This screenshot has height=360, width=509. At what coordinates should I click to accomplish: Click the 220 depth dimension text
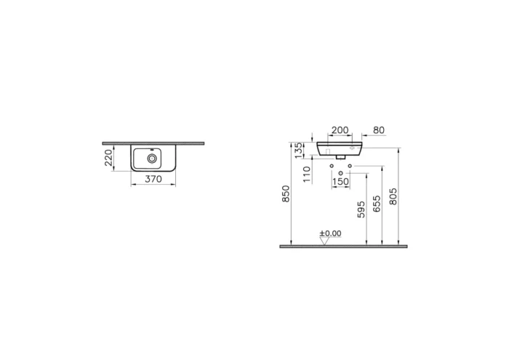coord(108,156)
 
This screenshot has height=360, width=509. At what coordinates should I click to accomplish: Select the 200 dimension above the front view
coord(339,131)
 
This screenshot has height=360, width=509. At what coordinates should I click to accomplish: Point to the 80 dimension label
coord(377,131)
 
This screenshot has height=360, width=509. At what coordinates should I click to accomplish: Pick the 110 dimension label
coord(306,172)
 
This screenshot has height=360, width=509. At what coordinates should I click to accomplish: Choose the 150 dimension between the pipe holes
coord(340,183)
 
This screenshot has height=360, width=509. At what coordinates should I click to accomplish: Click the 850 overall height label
coord(286,194)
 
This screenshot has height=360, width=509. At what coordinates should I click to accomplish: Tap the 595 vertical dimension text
coord(361,209)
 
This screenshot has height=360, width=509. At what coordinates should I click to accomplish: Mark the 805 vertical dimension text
coord(393,197)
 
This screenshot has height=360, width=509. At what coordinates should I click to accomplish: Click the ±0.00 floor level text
coord(331,233)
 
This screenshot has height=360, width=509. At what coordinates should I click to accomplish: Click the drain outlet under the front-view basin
coord(340,155)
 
